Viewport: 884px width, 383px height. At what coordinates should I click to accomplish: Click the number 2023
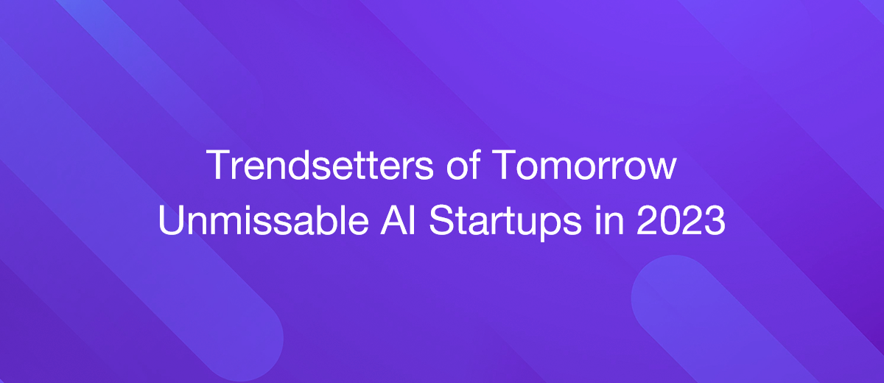coord(681,222)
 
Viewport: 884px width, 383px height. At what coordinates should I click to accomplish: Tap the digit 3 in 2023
coord(715,222)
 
